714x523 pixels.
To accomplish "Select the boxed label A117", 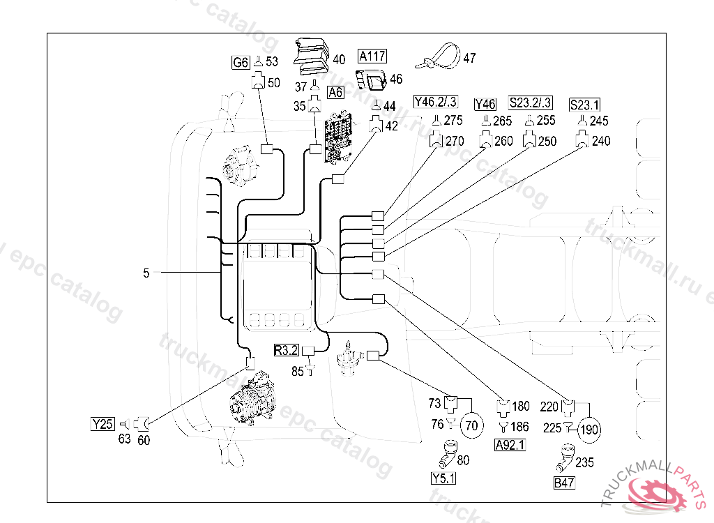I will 372,56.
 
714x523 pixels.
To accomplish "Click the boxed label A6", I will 335,92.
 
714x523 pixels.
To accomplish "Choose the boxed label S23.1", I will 584,105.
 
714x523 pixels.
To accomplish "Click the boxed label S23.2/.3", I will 531,103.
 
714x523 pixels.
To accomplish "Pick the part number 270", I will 455,141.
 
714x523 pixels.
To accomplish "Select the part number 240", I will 600,141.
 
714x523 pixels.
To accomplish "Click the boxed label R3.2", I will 286,350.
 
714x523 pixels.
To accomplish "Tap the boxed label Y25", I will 102,423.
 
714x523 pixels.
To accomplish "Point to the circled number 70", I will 472,425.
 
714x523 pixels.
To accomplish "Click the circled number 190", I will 590,429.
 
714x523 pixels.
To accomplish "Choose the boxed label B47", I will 563,483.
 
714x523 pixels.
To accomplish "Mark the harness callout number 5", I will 146,273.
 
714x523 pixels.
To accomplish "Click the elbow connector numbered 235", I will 563,461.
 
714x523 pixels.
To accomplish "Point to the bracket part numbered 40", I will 310,56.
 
